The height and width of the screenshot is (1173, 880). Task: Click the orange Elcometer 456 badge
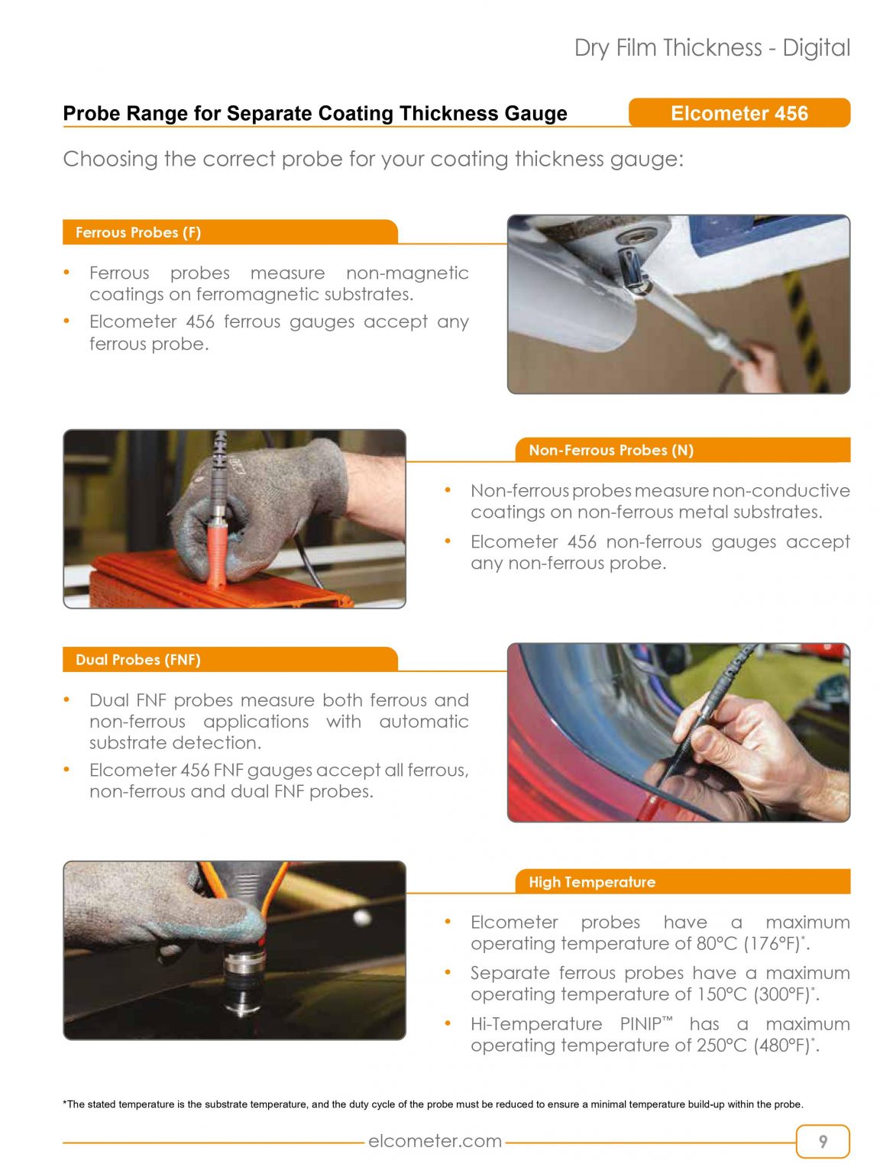(x=739, y=113)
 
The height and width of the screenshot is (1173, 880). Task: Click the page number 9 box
(x=822, y=1141)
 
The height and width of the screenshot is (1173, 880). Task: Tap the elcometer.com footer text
(x=435, y=1141)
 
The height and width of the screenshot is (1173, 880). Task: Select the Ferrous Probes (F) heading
(x=138, y=232)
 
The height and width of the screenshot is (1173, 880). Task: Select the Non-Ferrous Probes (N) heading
(x=611, y=450)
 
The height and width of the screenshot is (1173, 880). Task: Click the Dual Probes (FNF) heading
(x=138, y=660)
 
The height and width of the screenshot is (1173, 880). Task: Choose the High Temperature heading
(x=592, y=882)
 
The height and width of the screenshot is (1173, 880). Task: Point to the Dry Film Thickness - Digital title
(x=712, y=48)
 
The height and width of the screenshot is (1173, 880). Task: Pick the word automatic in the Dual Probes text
(x=423, y=722)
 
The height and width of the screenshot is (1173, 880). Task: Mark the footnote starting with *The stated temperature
(x=432, y=1104)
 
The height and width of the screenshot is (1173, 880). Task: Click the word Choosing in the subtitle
(x=110, y=159)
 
